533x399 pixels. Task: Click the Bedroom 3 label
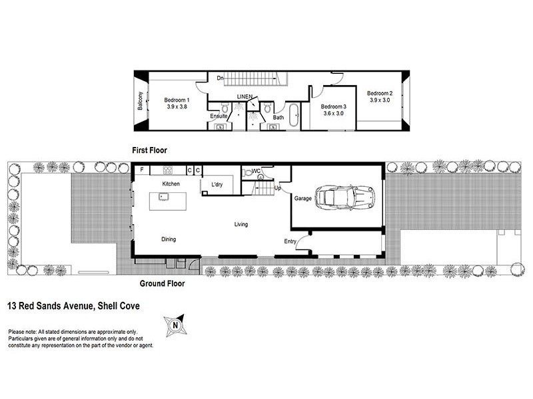(333, 110)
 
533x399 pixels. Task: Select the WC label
(256, 171)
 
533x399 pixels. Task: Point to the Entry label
(290, 241)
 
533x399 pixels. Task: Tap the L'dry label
(217, 184)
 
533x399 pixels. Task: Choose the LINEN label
(245, 97)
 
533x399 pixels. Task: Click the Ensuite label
(219, 116)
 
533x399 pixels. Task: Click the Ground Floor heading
(162, 283)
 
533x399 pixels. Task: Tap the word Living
(241, 224)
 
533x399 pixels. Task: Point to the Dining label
(169, 239)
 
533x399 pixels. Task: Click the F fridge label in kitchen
(141, 170)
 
